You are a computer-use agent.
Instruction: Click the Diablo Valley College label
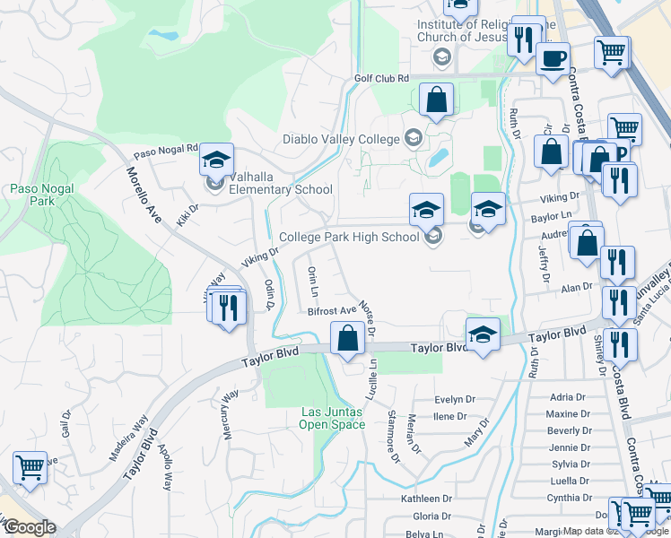[x=342, y=138]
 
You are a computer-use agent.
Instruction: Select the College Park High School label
[x=349, y=238]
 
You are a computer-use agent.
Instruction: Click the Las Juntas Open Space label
[x=333, y=418]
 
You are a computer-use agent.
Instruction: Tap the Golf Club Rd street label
[x=381, y=79]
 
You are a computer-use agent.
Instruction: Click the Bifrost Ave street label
[x=332, y=312]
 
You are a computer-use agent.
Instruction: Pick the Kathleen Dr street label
[x=426, y=499]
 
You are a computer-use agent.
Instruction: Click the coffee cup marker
[x=553, y=59]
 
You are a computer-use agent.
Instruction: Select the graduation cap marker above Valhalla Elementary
[x=216, y=160]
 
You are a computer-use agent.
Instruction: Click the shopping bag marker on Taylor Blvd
[x=347, y=339]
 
